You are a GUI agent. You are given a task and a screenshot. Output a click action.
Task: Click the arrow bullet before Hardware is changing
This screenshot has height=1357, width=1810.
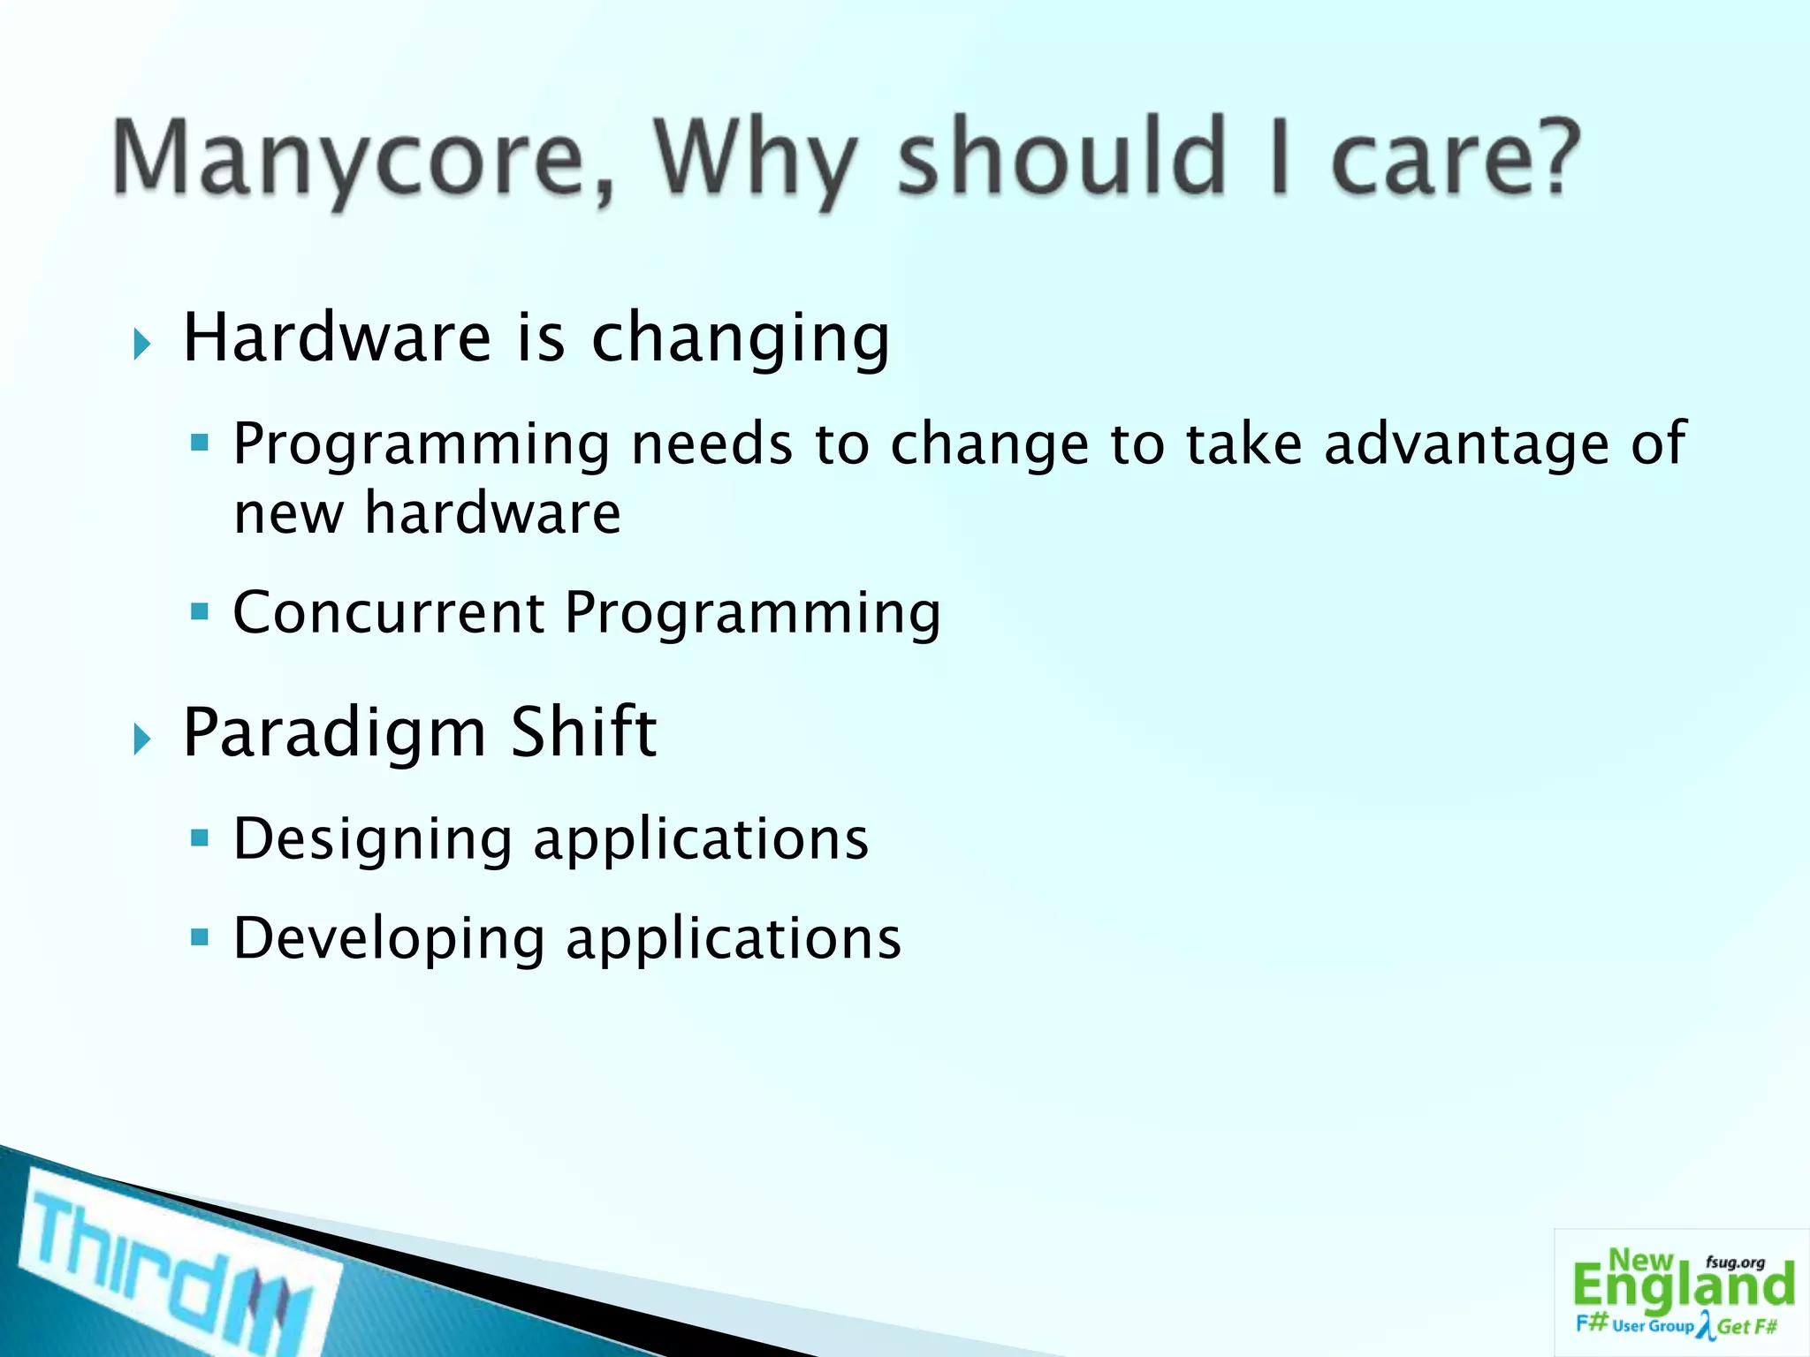coord(142,344)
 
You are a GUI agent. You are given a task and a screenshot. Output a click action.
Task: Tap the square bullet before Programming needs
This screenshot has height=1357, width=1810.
coord(200,442)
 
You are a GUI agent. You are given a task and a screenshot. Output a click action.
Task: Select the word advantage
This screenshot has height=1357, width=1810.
coord(1467,443)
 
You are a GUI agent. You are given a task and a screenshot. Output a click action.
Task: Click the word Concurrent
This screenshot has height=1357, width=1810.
coord(389,612)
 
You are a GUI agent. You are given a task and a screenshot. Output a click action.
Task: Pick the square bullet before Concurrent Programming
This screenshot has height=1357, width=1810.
coord(200,611)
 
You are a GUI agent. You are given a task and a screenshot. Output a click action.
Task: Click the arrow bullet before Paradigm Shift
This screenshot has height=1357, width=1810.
coord(142,739)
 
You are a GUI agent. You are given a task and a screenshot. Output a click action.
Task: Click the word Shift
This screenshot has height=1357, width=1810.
coord(583,732)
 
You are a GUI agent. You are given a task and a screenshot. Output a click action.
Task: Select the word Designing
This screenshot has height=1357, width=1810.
coord(372,840)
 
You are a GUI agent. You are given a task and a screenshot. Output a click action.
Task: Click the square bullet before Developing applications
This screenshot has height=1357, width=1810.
coord(200,936)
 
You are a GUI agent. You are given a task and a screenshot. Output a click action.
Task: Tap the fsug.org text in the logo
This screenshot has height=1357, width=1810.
coord(1735,1262)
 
